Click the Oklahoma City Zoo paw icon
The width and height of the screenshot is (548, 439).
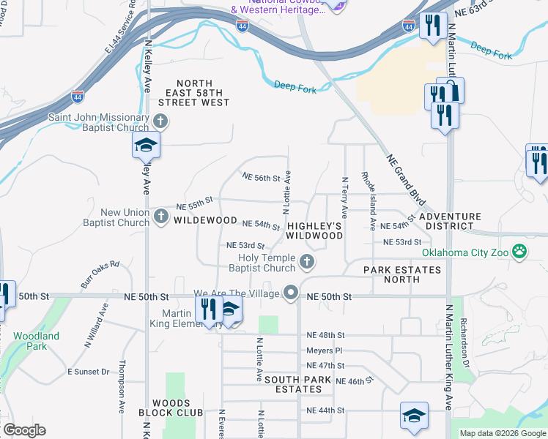coord(519,253)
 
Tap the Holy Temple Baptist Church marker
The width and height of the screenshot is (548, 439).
coord(308,261)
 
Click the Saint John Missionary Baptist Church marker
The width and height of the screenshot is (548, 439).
coord(161,121)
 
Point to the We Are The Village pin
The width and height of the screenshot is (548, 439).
coord(292,293)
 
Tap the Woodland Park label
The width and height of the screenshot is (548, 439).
coord(36,341)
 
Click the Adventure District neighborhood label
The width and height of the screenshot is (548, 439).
coord(450,221)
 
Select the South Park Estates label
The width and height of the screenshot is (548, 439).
coord(297,385)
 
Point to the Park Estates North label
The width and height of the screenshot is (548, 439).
coord(402,274)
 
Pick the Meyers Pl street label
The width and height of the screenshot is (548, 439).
coord(324,350)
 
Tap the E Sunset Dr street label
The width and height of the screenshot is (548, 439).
coord(88,372)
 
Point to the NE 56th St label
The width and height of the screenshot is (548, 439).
coord(262,178)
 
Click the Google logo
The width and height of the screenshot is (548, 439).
coord(24,430)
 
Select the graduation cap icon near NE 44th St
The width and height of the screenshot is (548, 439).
coord(413,416)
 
